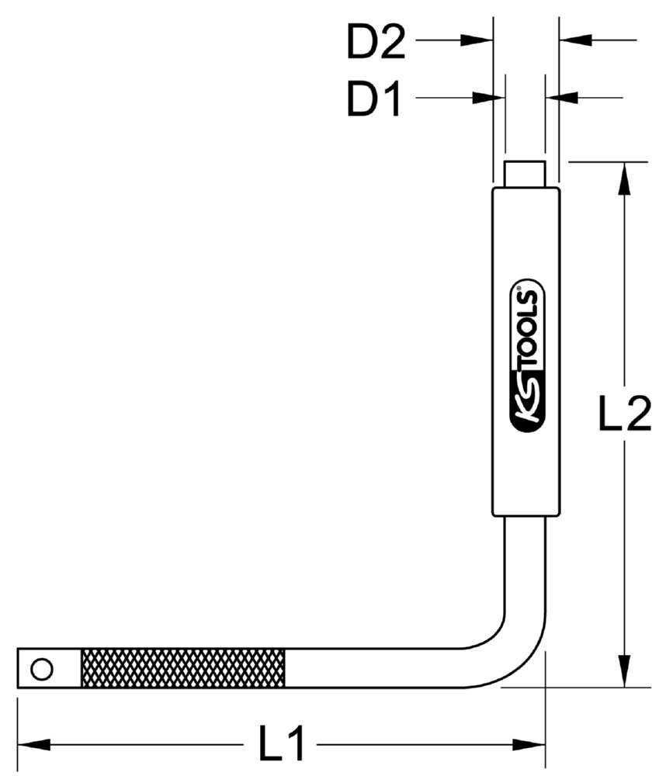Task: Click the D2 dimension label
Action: pyautogui.click(x=376, y=44)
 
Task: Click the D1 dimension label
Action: pyautogui.click(x=374, y=101)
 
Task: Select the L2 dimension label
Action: pyautogui.click(x=623, y=417)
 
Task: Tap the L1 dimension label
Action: pyautogui.click(x=282, y=746)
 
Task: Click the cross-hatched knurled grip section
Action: pyautogui.click(x=183, y=668)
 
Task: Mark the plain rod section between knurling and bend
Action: pyautogui.click(x=373, y=668)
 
